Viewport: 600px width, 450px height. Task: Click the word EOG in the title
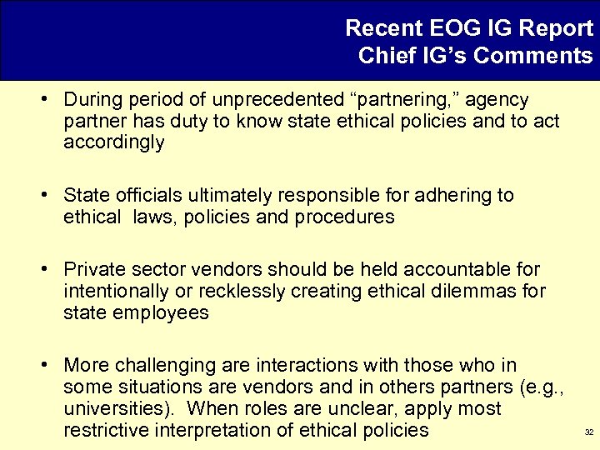[x=468, y=28]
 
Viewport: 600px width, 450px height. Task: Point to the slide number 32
[x=587, y=433]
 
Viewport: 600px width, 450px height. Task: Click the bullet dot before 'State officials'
[x=51, y=196]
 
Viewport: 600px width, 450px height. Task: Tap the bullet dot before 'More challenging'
[x=51, y=365]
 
